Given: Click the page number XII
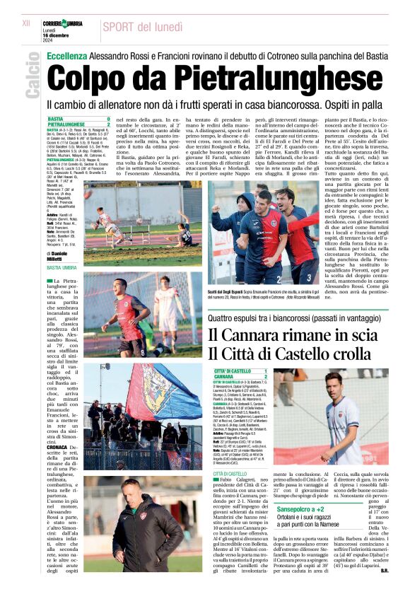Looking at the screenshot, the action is pos(26,23).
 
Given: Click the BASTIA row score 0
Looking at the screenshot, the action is pos(108,120).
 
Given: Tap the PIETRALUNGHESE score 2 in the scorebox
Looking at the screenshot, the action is pos(108,125).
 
